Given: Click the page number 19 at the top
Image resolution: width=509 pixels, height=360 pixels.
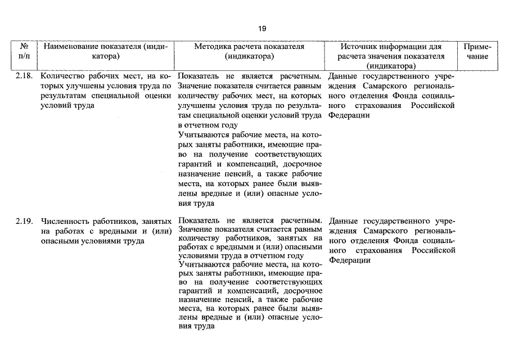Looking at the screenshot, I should point(262,28).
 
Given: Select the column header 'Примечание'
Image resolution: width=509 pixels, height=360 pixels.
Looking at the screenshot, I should point(478,51).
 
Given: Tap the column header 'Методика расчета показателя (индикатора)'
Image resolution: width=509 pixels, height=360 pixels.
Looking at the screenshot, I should point(249,51).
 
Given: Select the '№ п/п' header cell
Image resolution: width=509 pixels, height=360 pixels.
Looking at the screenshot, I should point(24,51).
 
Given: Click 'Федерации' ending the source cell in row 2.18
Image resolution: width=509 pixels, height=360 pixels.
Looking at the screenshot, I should point(349,115).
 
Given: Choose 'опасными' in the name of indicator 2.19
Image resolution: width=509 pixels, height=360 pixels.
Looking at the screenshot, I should point(59,241).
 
